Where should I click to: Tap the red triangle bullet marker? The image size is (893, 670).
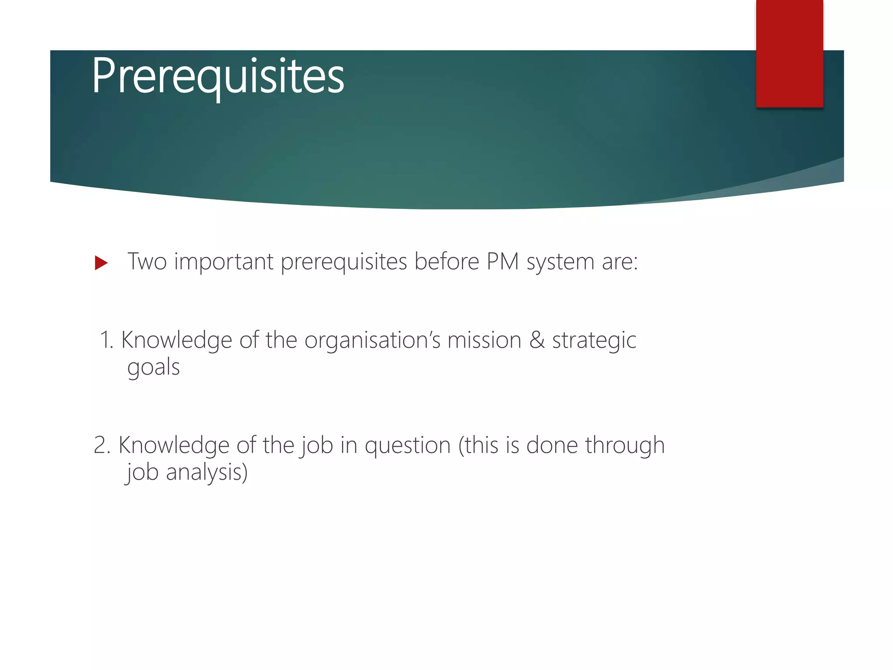[101, 263]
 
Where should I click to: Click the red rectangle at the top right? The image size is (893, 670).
[789, 53]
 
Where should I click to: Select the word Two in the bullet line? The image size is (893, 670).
[147, 262]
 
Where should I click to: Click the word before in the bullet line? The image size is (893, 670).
[446, 262]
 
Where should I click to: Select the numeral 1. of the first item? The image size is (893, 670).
[106, 340]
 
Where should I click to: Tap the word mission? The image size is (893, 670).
[484, 340]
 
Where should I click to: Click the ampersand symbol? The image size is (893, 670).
[537, 340]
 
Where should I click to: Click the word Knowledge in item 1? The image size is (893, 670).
[176, 340]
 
